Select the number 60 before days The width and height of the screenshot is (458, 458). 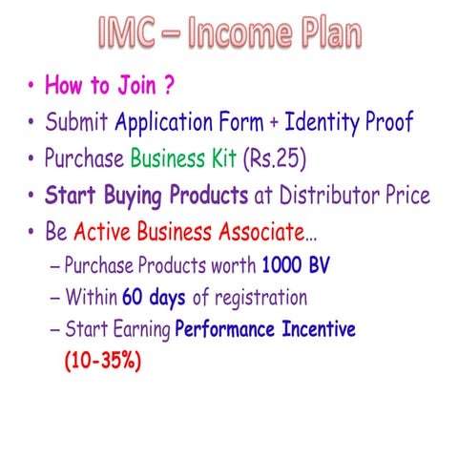[134, 298]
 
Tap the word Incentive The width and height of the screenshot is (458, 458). [310, 330]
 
